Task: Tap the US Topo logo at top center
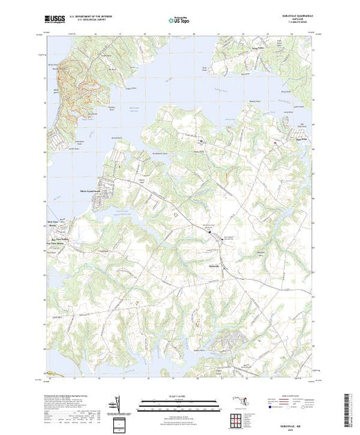180,21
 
